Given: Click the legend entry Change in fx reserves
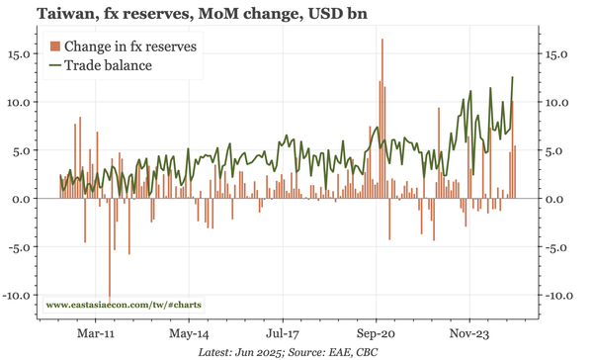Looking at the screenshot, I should click(x=129, y=46).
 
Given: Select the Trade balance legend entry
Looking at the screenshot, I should click(x=109, y=65).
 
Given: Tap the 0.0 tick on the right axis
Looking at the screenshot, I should click(x=555, y=199).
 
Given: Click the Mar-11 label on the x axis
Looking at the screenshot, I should click(x=95, y=334).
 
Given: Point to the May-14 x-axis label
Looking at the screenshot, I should click(x=188, y=334).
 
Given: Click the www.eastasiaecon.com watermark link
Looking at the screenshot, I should click(x=124, y=306).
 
